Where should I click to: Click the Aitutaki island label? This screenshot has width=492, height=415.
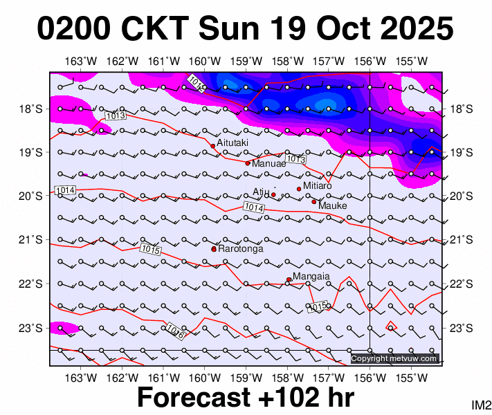[230, 142]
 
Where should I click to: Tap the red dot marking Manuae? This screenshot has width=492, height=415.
[248, 163]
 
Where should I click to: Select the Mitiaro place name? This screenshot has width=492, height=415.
[318, 186]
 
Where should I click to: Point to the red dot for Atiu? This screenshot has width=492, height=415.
[273, 195]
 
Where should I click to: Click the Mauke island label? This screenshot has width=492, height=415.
[332, 205]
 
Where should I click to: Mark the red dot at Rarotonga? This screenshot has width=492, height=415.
[214, 249]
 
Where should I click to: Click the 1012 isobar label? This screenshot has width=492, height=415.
[196, 84]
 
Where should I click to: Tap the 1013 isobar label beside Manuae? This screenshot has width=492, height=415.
[296, 160]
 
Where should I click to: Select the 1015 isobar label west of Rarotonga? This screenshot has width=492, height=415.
[150, 249]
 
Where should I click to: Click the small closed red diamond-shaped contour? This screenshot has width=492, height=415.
[391, 326]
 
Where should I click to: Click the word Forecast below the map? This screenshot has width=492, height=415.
[193, 398]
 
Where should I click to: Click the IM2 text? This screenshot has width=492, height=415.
[481, 404]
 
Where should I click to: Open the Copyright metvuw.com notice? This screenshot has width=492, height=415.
[394, 358]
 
